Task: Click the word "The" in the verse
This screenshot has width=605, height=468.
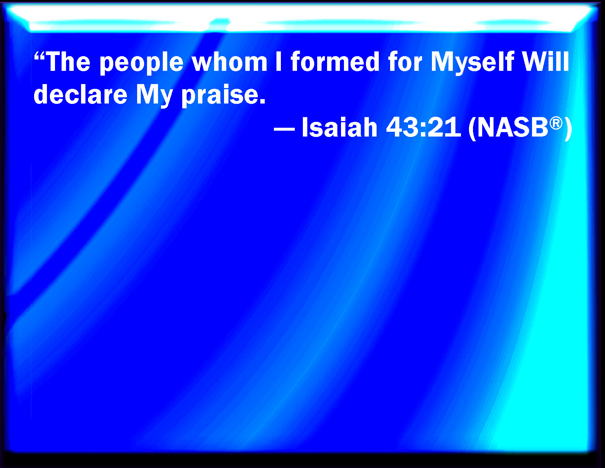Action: pyautogui.click(x=68, y=62)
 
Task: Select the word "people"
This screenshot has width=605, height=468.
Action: pyautogui.click(x=142, y=63)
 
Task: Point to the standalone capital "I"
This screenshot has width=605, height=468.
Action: pyautogui.click(x=279, y=62)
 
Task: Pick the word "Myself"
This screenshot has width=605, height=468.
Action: pyautogui.click(x=472, y=63)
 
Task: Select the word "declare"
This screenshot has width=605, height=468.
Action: pyautogui.click(x=80, y=94)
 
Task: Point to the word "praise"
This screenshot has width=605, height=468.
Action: pyautogui.click(x=220, y=96)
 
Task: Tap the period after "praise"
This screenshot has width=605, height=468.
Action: pyautogui.click(x=262, y=101)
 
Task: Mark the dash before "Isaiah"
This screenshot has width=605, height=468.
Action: pyautogui.click(x=284, y=129)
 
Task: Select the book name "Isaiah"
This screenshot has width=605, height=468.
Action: pyautogui.click(x=340, y=127)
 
